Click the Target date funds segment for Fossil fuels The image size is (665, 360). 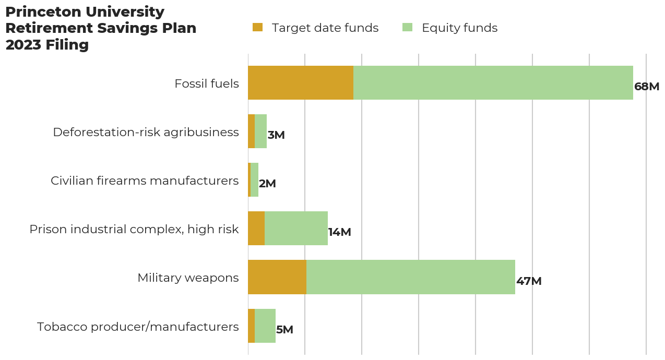[301, 82]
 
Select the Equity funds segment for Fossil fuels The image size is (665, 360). [493, 82]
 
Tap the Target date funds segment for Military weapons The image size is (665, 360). [277, 277]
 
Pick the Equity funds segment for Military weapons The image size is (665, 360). [411, 277]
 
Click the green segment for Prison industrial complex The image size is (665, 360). [296, 229]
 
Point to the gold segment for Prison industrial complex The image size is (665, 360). [256, 229]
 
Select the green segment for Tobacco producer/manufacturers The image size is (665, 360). [265, 326]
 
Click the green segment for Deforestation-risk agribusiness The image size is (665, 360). [260, 131]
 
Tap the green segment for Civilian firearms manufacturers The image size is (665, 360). [254, 180]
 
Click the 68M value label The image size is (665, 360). [647, 87]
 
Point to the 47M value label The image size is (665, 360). [529, 281]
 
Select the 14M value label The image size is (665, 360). [339, 232]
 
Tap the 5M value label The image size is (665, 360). [284, 330]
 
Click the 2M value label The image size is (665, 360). [267, 184]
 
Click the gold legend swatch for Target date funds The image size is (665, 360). [257, 27]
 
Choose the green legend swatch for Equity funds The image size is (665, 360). [408, 27]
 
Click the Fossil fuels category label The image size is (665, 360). [207, 83]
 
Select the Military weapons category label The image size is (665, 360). [188, 278]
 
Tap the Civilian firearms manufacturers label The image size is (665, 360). [145, 181]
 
